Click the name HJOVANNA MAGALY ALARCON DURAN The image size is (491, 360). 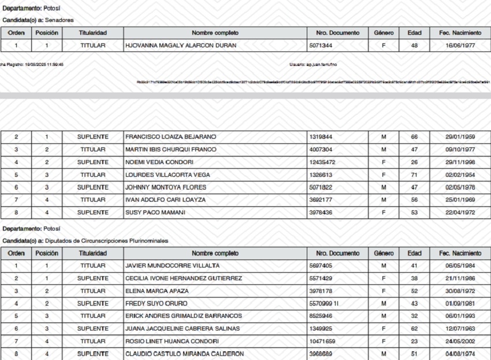click(180, 45)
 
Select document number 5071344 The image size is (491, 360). click(321, 45)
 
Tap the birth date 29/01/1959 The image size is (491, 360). click(460, 137)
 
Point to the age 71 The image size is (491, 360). click(414, 175)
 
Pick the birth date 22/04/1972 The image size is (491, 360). click(460, 213)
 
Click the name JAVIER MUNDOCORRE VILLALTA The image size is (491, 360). click(172, 266)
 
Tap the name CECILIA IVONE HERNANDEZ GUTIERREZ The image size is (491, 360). click(183, 279)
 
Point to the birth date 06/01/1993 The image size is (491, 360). click(460, 316)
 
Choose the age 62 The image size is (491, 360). click(414, 329)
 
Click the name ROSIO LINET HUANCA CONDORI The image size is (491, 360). click(172, 342)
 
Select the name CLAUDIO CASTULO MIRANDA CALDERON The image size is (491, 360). click(184, 354)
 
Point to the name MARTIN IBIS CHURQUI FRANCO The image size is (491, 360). click(170, 150)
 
